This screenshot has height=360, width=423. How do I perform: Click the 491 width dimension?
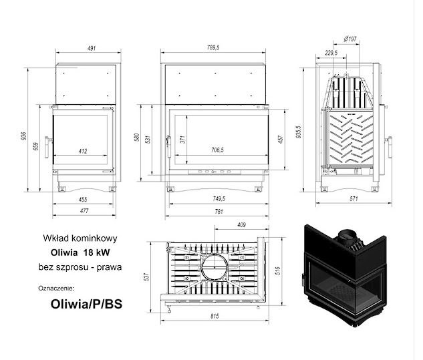[x=92, y=49]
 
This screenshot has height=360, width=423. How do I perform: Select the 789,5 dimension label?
[x=213, y=47]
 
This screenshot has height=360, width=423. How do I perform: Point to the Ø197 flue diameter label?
[x=350, y=39]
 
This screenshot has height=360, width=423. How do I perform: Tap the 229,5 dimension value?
[x=331, y=53]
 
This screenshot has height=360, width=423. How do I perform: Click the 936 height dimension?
[x=24, y=136]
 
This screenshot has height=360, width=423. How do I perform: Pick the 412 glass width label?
[x=83, y=152]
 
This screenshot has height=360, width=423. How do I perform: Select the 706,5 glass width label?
[x=217, y=150]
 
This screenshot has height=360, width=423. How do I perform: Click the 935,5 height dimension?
[x=298, y=132]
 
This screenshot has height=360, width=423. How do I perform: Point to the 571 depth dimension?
[x=354, y=199]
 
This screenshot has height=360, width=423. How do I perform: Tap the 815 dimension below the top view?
[x=215, y=316]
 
